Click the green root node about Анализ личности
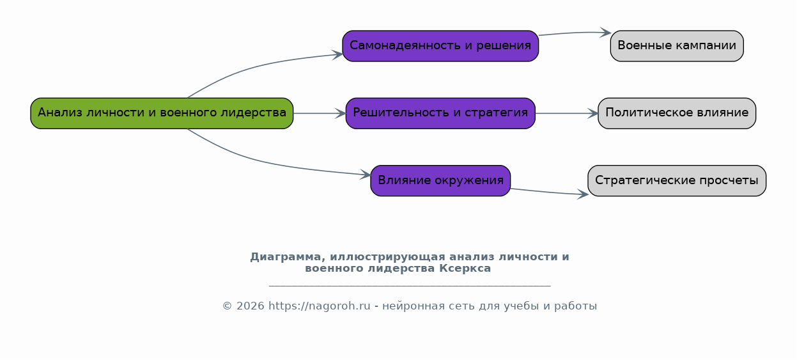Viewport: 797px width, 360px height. click(162, 113)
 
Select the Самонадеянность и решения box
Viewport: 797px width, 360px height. click(440, 46)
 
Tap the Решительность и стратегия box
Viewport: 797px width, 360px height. click(440, 113)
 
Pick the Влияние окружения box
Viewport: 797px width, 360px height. click(440, 180)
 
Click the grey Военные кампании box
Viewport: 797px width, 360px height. click(677, 46)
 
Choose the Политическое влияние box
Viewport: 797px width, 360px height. click(677, 113)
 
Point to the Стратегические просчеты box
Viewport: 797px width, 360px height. click(677, 180)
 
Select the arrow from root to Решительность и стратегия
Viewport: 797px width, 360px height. click(320, 113)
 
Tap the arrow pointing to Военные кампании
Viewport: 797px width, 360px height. click(575, 33)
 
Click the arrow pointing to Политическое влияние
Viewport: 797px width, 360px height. click(566, 113)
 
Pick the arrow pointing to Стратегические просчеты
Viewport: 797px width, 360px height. click(550, 192)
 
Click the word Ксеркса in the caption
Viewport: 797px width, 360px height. click(465, 268)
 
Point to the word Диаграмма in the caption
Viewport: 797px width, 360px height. click(288, 257)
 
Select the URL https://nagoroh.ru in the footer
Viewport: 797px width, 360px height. click(319, 306)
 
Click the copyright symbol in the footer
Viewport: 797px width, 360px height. click(228, 306)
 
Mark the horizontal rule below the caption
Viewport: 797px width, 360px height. click(410, 286)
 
